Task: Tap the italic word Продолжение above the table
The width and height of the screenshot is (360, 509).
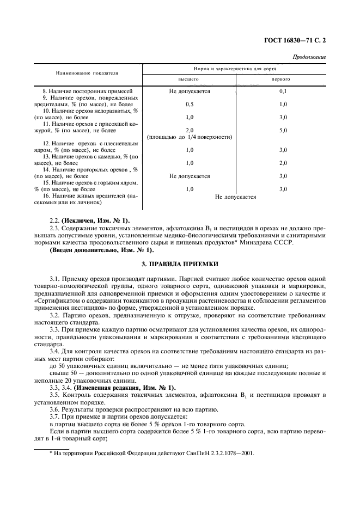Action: (309, 57)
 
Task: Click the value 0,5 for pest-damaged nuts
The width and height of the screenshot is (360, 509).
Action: (189, 104)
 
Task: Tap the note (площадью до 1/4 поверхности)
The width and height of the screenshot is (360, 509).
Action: (189, 137)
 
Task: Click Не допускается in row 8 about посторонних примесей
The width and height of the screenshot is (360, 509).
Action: (189, 91)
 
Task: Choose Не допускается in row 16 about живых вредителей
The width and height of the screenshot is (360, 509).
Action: (235, 197)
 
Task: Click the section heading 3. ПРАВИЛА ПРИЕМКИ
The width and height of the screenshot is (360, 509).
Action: (180, 264)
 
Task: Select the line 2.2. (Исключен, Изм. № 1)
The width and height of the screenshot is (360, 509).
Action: (90, 220)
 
